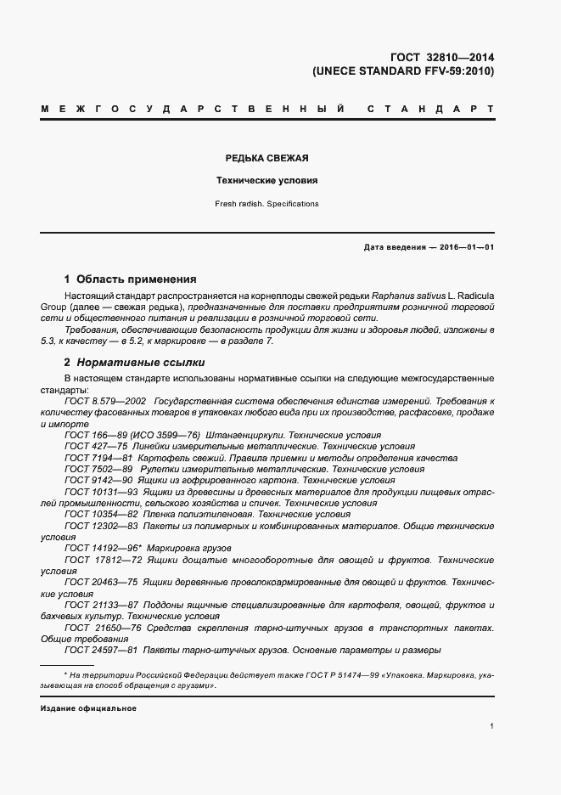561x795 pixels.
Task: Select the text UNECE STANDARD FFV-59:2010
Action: pos(403,71)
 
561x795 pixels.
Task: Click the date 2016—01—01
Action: pos(468,247)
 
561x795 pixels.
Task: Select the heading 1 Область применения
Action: pos(131,279)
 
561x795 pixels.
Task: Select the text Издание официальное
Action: pos(87,708)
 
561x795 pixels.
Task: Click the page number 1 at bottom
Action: pos(492,726)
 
